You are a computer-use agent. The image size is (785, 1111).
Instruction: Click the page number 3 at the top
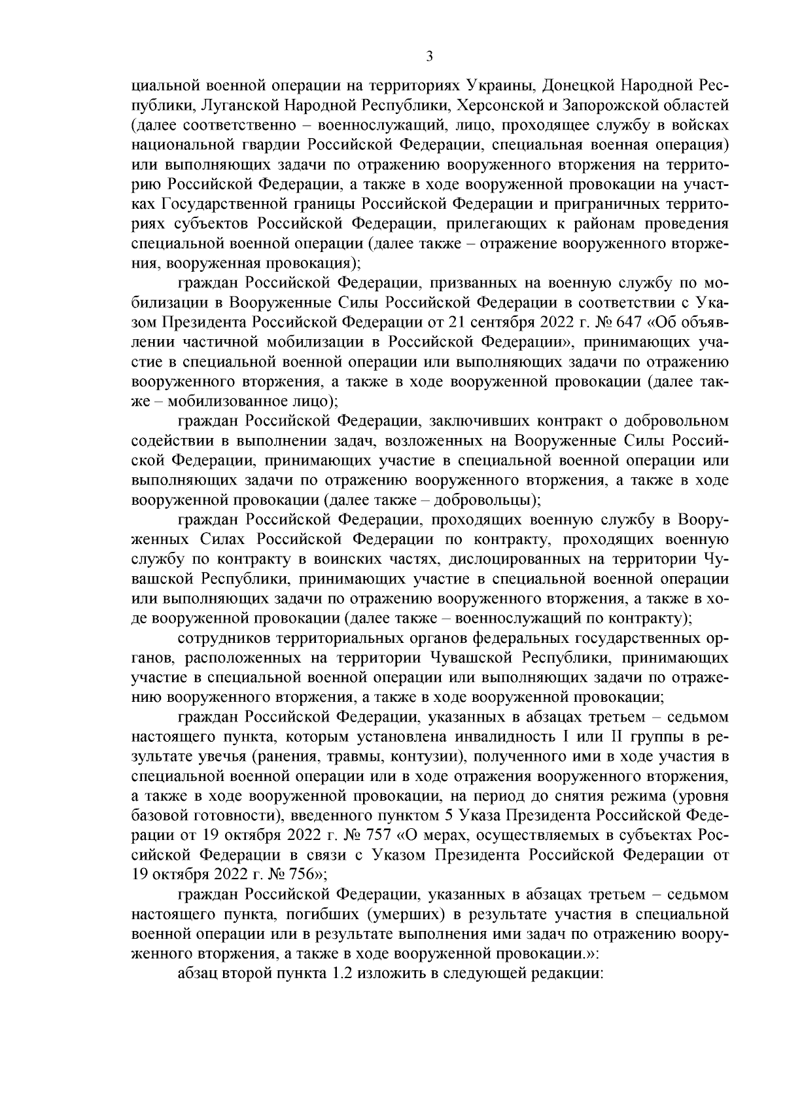(x=429, y=56)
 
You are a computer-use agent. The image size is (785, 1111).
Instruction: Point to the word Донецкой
(x=573, y=86)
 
